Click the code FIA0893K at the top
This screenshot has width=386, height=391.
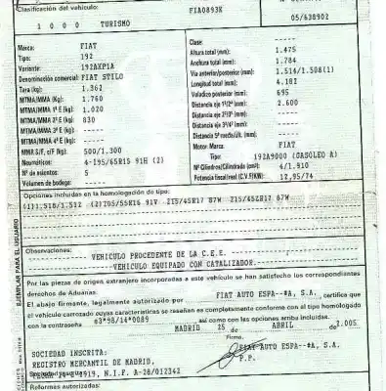211,10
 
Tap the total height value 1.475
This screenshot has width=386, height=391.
290,50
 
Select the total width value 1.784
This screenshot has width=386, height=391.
290,60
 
